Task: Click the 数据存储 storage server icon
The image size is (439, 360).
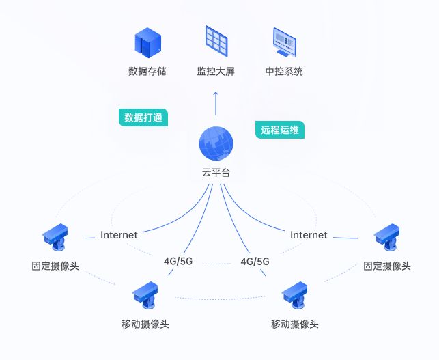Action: click(147, 42)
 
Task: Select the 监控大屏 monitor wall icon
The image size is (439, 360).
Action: click(216, 41)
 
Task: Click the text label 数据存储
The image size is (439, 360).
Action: click(147, 71)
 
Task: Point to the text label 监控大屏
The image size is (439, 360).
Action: click(216, 71)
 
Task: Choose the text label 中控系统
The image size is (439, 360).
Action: click(284, 71)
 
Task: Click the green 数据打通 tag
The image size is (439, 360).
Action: click(143, 117)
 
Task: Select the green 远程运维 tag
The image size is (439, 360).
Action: click(280, 129)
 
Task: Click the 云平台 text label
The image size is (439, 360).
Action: click(216, 173)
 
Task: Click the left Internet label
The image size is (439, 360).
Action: click(119, 235)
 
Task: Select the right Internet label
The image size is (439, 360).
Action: click(309, 235)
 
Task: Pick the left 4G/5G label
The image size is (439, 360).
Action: click(178, 261)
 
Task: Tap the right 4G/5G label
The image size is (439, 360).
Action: click(255, 261)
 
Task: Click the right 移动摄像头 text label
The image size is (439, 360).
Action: click(295, 324)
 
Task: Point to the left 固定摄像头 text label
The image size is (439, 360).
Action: click(55, 266)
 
